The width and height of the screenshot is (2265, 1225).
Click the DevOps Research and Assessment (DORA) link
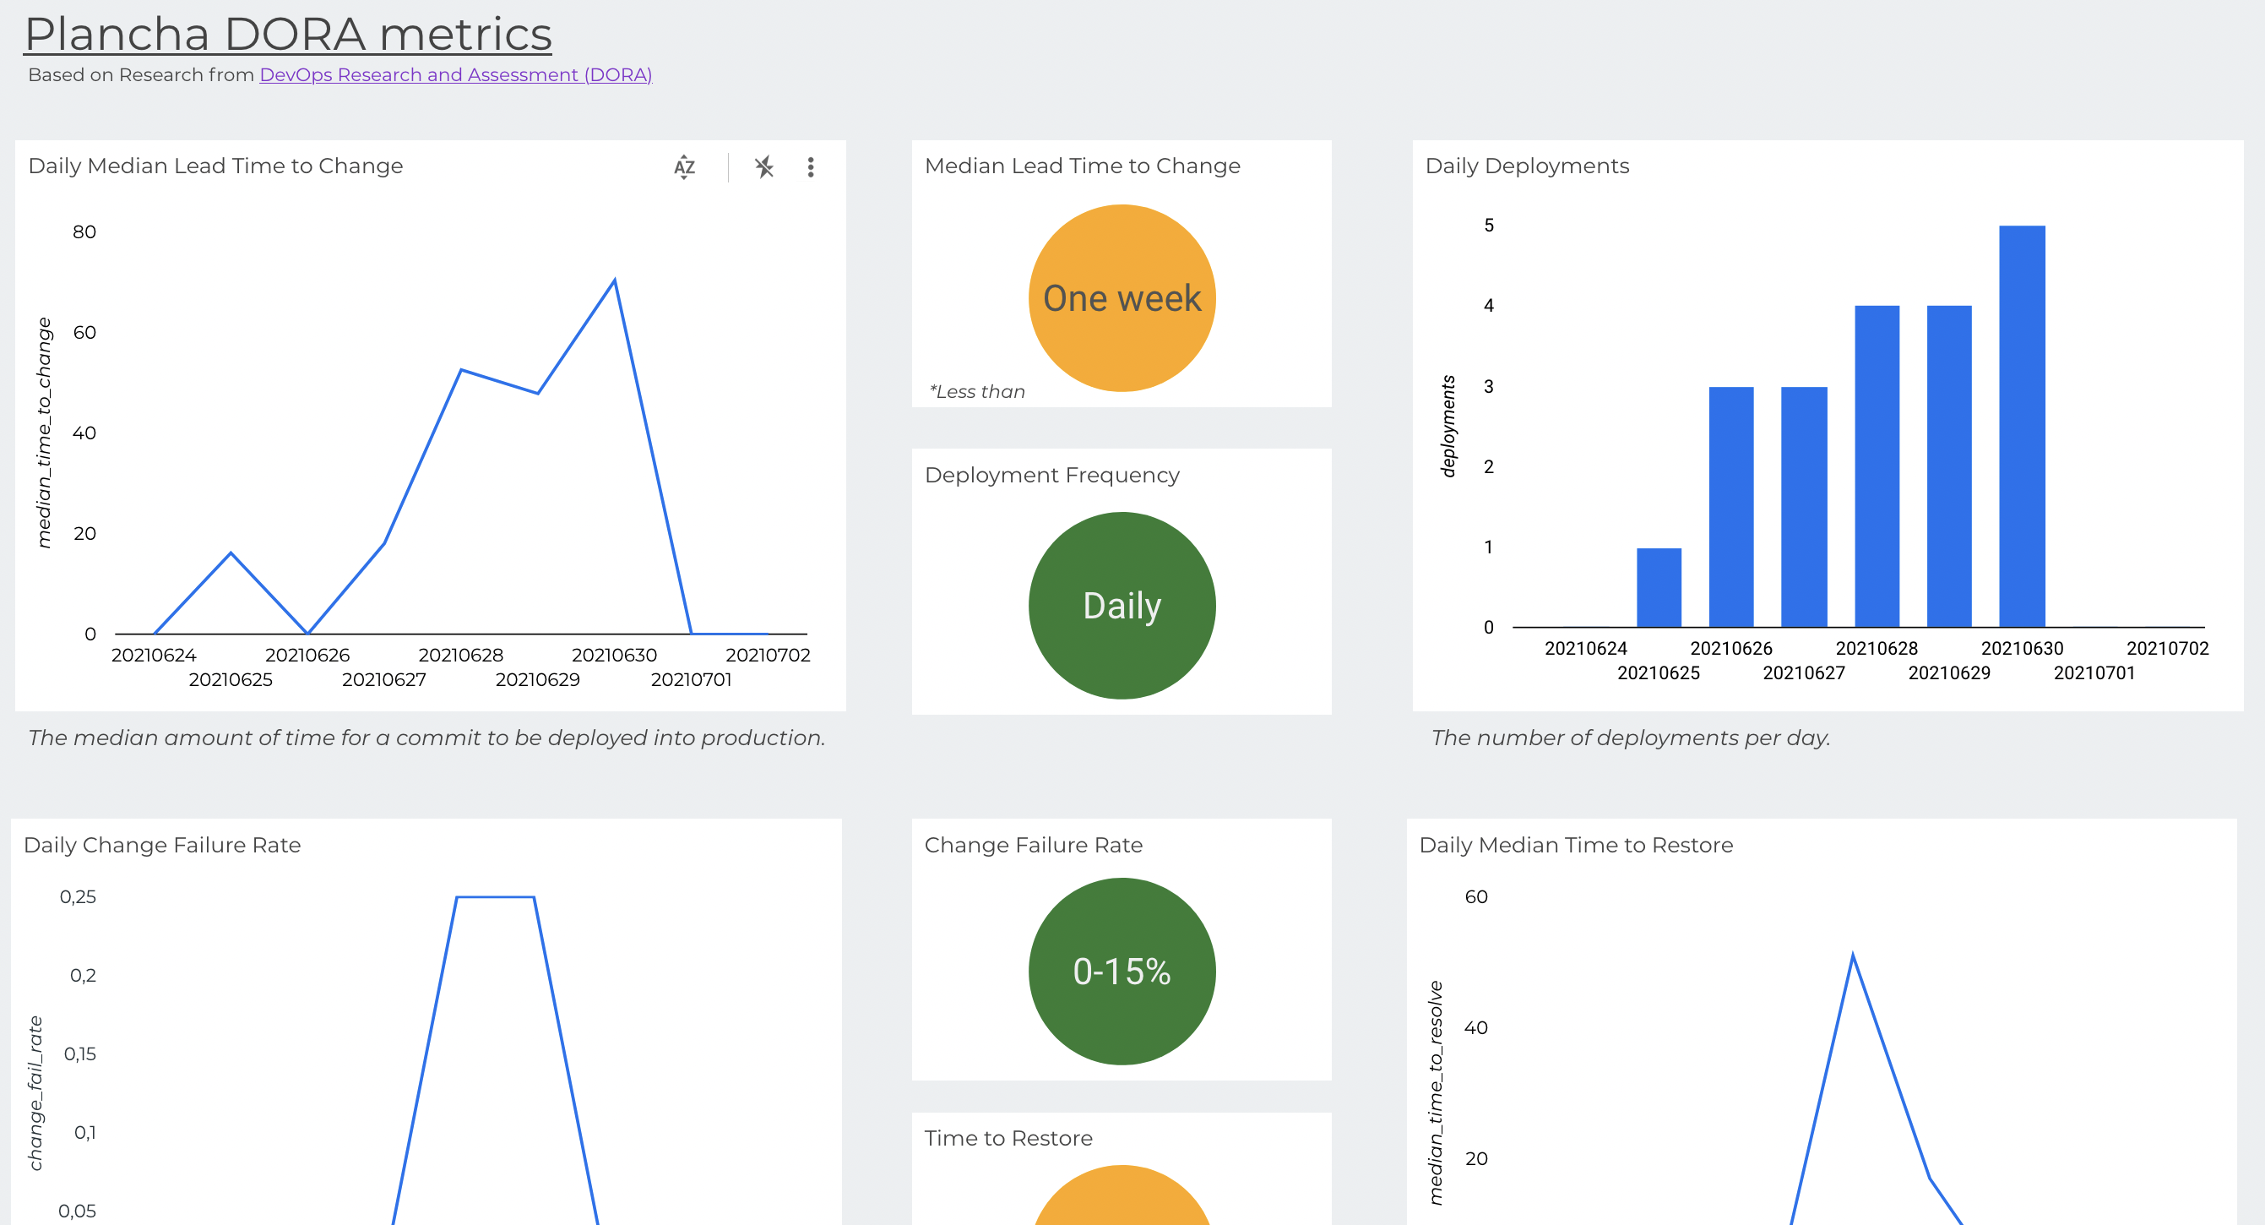coord(455,74)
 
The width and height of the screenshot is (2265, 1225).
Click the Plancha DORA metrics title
coord(287,35)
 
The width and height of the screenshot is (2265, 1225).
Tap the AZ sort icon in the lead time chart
coord(684,166)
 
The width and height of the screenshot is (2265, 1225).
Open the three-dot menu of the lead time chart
coord(810,167)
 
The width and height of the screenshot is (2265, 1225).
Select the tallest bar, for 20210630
coord(2021,427)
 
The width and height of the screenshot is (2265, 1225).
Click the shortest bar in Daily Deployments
coord(1659,587)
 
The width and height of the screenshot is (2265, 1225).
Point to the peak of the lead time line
coord(614,280)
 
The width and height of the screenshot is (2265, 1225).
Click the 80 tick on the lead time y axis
coord(84,232)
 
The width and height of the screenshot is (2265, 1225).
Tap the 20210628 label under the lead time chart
coord(461,655)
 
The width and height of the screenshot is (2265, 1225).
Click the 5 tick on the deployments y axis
coord(1488,225)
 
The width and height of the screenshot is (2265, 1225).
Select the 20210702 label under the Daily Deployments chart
coord(2166,648)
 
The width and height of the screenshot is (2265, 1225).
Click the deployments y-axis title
coord(1448,427)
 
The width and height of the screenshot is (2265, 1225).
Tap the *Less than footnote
coord(977,391)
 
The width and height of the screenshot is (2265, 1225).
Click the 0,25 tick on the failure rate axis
coord(78,897)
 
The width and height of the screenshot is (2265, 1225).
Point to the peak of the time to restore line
coord(1853,955)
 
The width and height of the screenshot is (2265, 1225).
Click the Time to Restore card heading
coord(1008,1138)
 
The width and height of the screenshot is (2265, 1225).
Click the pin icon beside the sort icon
coord(763,166)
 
